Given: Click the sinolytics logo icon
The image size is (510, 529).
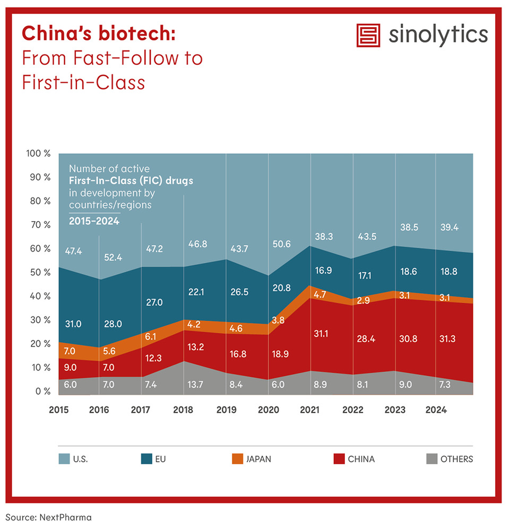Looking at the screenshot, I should pos(369,36).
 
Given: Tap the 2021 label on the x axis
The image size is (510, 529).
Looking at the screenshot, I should pos(310,410).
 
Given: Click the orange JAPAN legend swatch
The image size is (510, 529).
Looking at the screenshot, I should pos(237,459).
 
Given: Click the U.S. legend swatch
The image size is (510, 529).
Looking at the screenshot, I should pos(64,459).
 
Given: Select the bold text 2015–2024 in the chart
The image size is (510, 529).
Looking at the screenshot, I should pos(94,221).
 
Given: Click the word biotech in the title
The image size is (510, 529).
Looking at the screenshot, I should pos(137,33).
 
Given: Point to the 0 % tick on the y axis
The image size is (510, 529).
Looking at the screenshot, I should pos(42,392).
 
